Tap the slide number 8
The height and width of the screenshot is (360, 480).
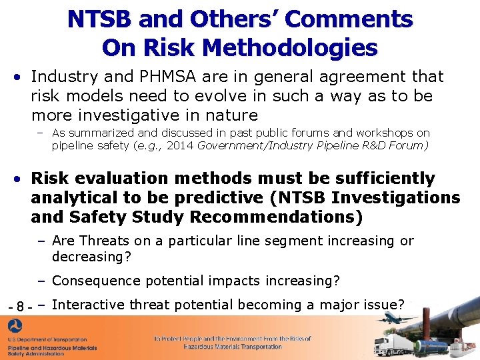[20, 307]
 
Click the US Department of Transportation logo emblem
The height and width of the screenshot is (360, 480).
[14, 327]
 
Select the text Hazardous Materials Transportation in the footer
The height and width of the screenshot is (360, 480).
[232, 347]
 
